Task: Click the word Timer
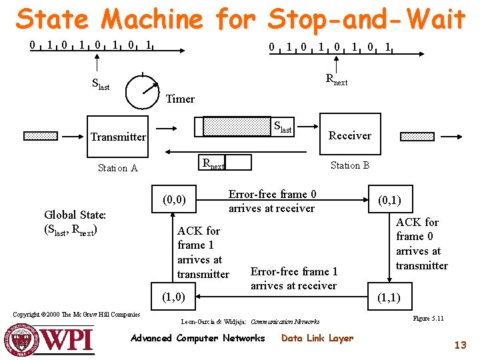[x=180, y=99]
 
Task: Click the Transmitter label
[x=118, y=137]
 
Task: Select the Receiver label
[x=350, y=135]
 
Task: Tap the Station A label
[x=117, y=168]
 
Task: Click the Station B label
[x=350, y=165]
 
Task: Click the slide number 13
[x=460, y=345]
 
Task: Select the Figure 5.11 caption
[x=429, y=319]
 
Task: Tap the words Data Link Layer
[x=317, y=338]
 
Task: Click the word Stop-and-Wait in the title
[x=366, y=19]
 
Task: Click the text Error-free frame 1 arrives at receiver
[x=293, y=279]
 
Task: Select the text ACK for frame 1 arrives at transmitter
[x=203, y=253]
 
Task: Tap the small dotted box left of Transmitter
[x=41, y=136]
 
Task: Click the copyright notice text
[x=77, y=315]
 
